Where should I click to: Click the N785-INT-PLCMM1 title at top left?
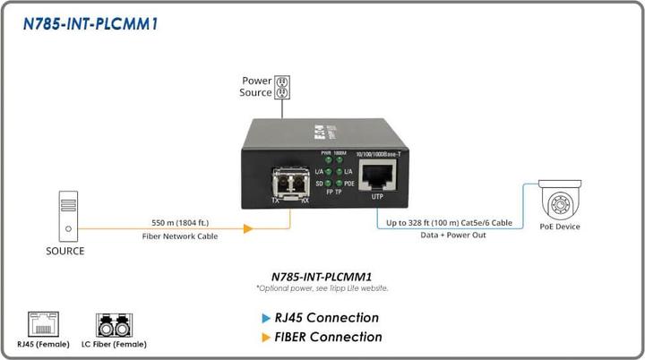pos(90,24)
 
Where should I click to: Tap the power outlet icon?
pos(280,87)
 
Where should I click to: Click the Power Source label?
pos(255,87)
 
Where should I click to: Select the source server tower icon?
pos(65,215)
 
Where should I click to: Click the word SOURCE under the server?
pos(65,252)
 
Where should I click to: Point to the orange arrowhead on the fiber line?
pos(247,228)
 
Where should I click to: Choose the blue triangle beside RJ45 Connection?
pos(265,318)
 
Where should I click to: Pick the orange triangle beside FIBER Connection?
pos(265,338)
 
